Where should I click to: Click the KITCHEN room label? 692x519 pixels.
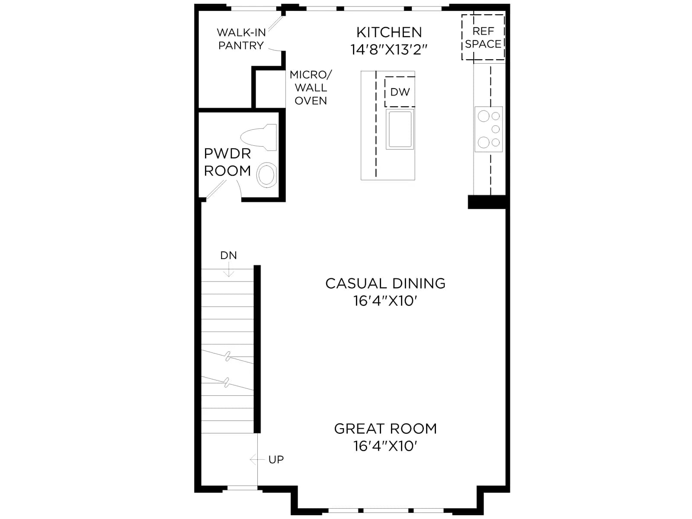coord(389,32)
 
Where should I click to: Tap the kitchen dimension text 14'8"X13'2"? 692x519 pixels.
coord(389,49)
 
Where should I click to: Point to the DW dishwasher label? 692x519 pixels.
coord(400,92)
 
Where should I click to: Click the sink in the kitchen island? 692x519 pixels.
coord(400,129)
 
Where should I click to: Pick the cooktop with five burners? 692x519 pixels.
coord(488,129)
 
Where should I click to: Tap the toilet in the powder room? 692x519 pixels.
coord(259,138)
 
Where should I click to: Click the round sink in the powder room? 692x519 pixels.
coord(267,175)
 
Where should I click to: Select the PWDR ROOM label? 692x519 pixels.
coord(227,162)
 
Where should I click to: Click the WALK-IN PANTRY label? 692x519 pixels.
coord(241,39)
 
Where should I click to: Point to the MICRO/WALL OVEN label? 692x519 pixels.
coord(311,88)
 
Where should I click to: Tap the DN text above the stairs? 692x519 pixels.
coord(228,255)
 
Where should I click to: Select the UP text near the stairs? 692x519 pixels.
coord(276,460)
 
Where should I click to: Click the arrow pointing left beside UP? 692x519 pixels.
coord(257,460)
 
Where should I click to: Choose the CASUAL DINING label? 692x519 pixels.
coord(385,283)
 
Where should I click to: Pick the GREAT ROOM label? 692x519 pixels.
coord(385,429)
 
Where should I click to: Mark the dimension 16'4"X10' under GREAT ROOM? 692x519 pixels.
coord(385,446)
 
